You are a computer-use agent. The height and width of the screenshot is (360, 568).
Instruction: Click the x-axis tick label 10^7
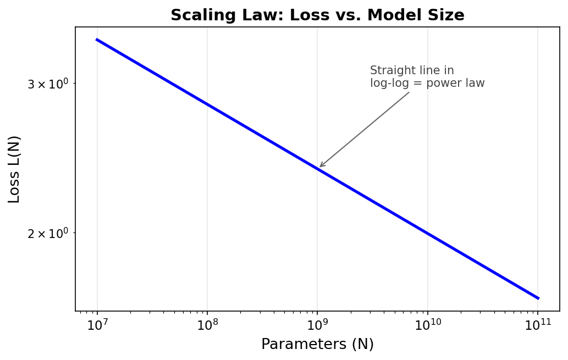(x=97, y=325)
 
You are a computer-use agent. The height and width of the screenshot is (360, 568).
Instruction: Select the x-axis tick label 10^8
(x=207, y=325)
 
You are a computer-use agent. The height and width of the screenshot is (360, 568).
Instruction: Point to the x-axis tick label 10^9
(x=317, y=325)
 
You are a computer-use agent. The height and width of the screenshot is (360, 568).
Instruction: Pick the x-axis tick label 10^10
(x=427, y=325)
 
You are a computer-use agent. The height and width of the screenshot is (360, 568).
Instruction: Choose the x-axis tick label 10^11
(x=537, y=325)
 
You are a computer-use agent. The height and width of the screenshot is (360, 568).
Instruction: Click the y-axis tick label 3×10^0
(x=48, y=84)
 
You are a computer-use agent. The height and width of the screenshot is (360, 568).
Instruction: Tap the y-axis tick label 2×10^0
(x=48, y=234)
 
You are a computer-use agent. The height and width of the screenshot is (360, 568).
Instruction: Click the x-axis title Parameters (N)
(x=317, y=345)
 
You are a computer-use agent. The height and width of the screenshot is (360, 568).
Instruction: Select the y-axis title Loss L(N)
(x=14, y=169)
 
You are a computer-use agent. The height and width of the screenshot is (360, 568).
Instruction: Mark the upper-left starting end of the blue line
(x=97, y=40)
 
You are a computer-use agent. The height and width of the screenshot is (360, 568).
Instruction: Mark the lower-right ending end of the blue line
(x=538, y=298)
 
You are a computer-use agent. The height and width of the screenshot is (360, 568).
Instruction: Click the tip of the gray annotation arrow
(x=320, y=167)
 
